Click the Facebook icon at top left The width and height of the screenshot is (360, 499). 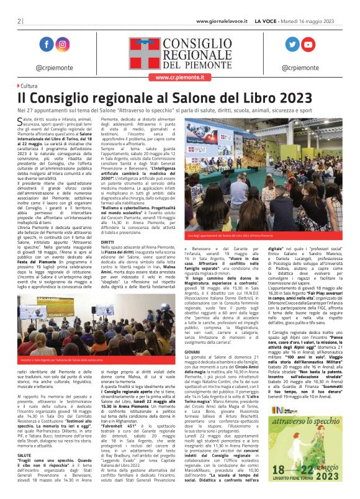tap(46, 44)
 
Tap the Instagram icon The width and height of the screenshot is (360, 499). tap(62, 44)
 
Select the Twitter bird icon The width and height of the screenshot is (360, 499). tap(292, 44)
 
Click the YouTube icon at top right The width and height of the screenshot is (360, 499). tap(308, 44)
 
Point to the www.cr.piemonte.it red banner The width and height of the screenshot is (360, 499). tap(179, 78)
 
